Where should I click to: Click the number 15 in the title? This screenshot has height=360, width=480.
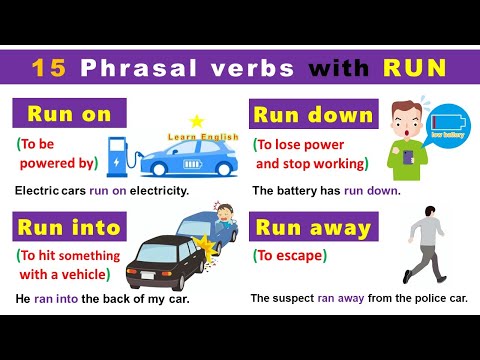48,69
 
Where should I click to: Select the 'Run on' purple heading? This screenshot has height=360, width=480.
69,114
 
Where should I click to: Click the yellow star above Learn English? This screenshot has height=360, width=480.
196,121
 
